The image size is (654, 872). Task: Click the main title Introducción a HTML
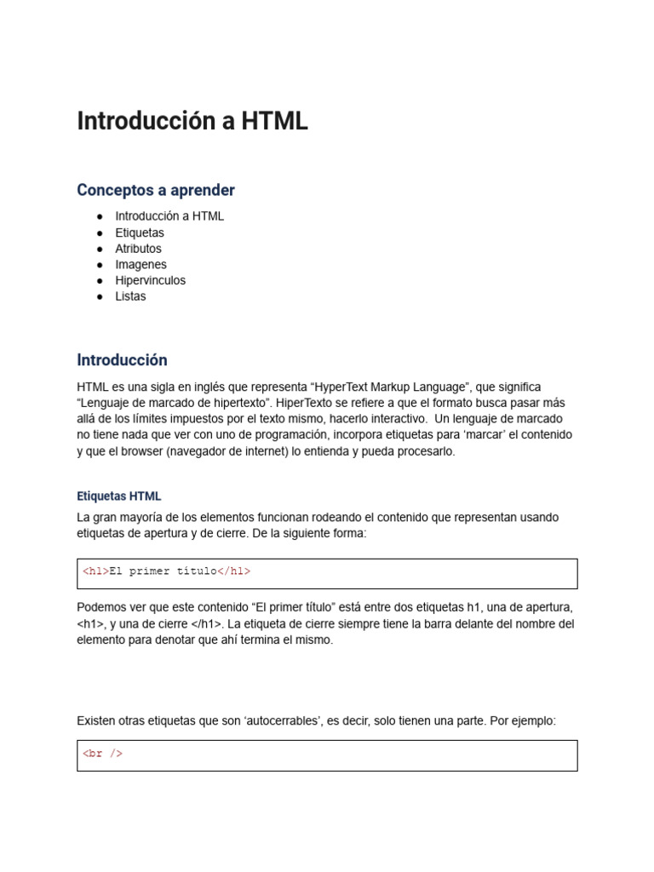pos(192,122)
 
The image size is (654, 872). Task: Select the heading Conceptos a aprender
pos(156,190)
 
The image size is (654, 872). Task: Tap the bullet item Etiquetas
pos(140,232)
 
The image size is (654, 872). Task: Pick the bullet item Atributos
pos(138,249)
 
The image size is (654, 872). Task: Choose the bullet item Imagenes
pos(141,265)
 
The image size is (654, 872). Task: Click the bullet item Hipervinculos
pos(150,280)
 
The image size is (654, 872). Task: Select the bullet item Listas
pos(130,296)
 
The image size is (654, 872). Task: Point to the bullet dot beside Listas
pos(100,296)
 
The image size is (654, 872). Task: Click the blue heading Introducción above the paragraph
pos(122,360)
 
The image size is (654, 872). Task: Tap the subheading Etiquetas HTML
pos(118,496)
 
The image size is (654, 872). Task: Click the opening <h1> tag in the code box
pos(95,571)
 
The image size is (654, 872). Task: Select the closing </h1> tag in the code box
pos(234,571)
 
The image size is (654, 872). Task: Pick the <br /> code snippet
pos(102,754)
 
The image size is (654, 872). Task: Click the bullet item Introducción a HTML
pos(169,216)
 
